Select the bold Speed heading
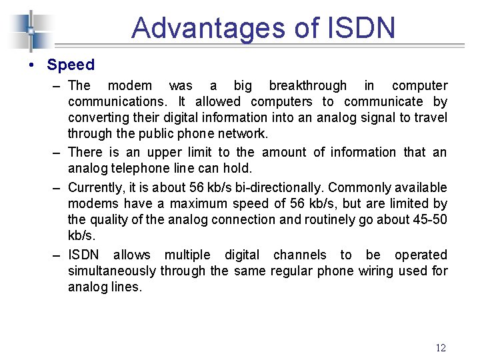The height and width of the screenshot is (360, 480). [x=71, y=65]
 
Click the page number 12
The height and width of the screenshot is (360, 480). [x=440, y=347]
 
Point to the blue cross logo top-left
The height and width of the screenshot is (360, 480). [x=31, y=30]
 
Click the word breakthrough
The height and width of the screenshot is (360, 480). [x=307, y=85]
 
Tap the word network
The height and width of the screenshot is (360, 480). [x=245, y=133]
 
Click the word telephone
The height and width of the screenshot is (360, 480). [x=140, y=168]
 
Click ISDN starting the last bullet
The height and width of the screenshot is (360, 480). [x=83, y=255]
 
